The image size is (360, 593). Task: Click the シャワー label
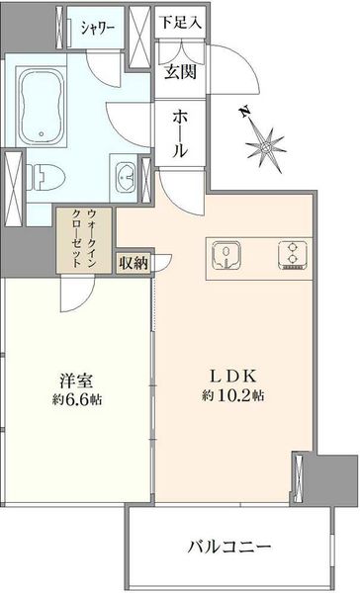click(x=98, y=28)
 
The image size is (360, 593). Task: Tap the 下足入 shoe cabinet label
click(x=180, y=23)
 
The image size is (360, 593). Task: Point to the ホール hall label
click(x=180, y=135)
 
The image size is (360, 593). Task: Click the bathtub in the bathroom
click(x=41, y=106)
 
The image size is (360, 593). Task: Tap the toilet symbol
click(x=45, y=178)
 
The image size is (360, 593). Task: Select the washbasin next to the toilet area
click(x=125, y=176)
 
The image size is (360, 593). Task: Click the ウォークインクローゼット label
click(x=84, y=239)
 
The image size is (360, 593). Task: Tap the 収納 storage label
click(x=134, y=263)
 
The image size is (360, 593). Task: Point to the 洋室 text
click(x=77, y=381)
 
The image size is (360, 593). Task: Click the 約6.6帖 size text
click(x=77, y=400)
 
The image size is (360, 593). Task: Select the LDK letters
click(x=233, y=377)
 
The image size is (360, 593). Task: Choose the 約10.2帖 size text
click(x=232, y=396)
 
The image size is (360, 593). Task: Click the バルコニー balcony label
click(x=229, y=547)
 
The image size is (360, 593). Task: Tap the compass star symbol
click(x=266, y=147)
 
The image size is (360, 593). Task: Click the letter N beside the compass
click(x=245, y=112)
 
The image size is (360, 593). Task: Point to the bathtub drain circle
click(x=41, y=134)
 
